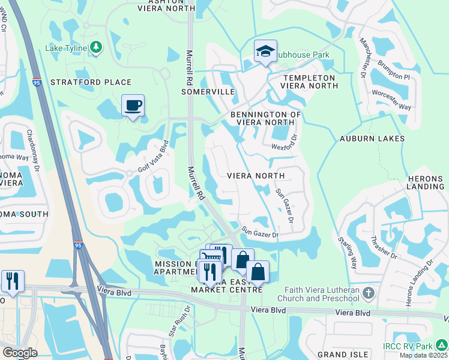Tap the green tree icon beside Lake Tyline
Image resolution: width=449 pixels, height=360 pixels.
(96, 47)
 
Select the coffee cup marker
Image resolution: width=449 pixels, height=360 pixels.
(133, 106)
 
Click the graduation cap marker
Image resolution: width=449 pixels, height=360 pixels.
(265, 52)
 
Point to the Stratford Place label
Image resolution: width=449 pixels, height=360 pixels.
(91, 82)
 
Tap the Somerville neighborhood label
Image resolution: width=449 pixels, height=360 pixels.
(208, 92)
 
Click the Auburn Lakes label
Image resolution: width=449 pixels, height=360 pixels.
(372, 139)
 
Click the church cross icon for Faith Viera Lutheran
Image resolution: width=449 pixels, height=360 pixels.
(369, 294)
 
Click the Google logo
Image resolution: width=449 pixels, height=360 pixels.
(20, 353)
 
